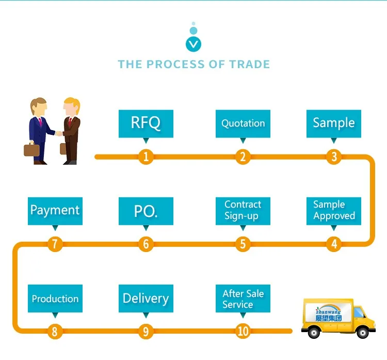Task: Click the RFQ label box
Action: (146, 123)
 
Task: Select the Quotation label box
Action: (243, 123)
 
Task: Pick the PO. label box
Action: (146, 211)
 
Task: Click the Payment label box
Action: (55, 211)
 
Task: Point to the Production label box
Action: (55, 299)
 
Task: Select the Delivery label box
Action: (146, 299)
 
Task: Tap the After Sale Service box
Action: (243, 299)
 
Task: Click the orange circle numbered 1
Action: (146, 156)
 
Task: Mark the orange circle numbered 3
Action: (334, 156)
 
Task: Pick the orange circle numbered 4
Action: (334, 244)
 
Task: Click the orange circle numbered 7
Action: (55, 244)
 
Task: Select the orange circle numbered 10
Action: (243, 331)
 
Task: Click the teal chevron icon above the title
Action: (193, 44)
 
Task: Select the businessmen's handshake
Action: (59, 134)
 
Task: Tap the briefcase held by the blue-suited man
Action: (31, 149)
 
